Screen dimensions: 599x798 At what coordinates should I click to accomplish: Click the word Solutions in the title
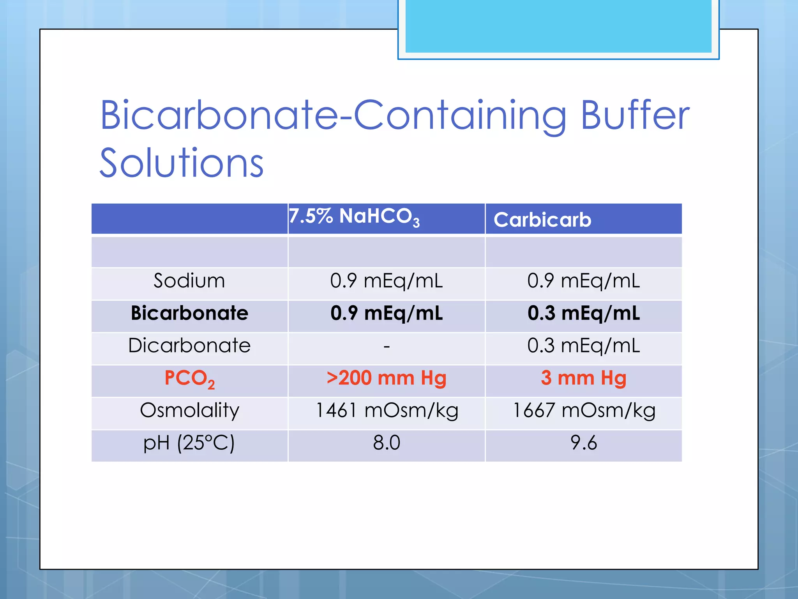(182, 163)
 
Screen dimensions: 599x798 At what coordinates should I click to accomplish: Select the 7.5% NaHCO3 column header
(354, 216)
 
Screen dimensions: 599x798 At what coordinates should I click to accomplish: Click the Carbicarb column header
(542, 220)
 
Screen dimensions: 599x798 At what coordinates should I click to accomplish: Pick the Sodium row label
(189, 281)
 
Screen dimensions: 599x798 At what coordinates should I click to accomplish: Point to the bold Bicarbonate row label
(189, 313)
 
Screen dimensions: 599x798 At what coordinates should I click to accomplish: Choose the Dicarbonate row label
(189, 346)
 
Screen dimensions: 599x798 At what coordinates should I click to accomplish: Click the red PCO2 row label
(189, 378)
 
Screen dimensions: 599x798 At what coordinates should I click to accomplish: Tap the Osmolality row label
(189, 411)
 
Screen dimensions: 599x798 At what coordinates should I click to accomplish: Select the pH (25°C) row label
(189, 443)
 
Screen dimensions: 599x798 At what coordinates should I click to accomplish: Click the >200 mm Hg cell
(386, 378)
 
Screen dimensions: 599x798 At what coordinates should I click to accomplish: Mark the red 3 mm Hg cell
(583, 378)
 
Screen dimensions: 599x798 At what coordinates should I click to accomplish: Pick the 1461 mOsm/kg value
(386, 411)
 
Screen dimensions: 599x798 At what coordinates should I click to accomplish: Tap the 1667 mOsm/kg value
(583, 411)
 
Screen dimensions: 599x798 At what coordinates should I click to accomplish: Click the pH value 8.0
(386, 443)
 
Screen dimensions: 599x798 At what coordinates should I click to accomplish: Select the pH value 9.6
(583, 443)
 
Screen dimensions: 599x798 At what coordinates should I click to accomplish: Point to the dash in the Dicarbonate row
(386, 346)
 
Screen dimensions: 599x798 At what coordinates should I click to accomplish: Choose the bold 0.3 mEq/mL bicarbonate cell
(583, 313)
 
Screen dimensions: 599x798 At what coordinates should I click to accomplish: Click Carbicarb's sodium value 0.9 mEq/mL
(583, 281)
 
